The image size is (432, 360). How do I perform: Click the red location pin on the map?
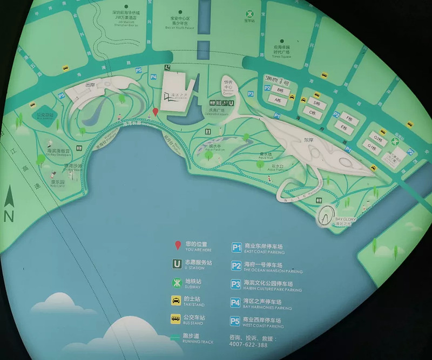(x=156, y=112)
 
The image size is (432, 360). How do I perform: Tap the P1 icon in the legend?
(x=236, y=248)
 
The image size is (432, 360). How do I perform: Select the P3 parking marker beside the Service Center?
(x=251, y=94)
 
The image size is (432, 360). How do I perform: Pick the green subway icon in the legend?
(x=176, y=282)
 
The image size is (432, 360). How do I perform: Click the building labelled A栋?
(x=278, y=100)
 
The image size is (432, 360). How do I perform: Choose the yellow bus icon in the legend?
(x=176, y=318)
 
